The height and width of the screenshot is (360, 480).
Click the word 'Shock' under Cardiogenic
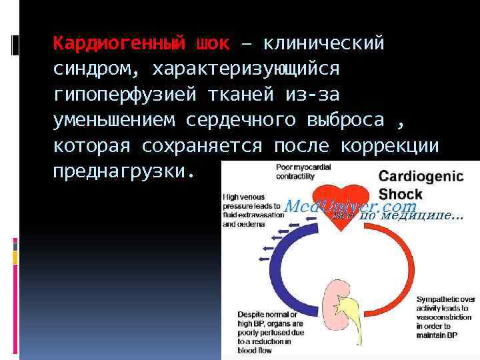[401, 194]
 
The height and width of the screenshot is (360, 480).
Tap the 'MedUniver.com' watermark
[350, 207]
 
